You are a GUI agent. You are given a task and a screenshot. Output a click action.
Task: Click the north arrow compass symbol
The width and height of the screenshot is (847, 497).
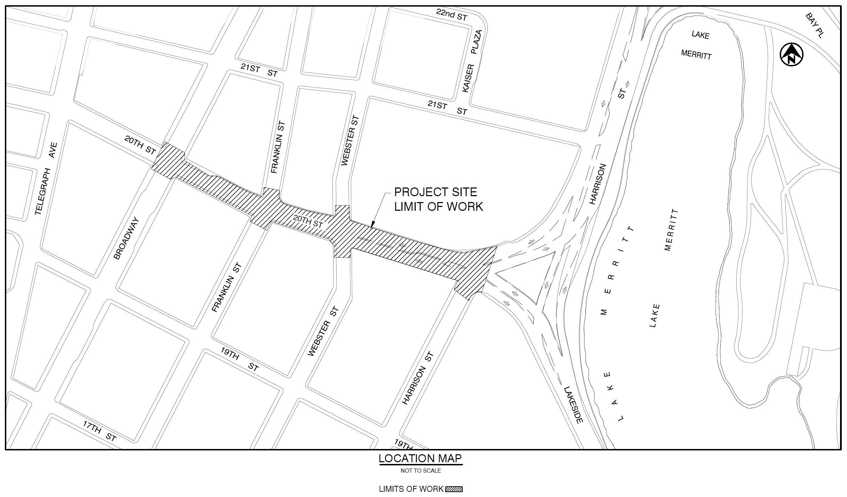(791, 55)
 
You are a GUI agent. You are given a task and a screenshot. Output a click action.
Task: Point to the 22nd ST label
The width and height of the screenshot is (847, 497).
(452, 15)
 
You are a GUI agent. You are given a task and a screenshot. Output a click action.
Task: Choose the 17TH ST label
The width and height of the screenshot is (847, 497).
(99, 431)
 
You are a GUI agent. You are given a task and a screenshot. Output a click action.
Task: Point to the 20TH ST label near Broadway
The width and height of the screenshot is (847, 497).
(140, 145)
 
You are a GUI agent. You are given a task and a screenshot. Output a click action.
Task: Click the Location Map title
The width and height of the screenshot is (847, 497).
(420, 458)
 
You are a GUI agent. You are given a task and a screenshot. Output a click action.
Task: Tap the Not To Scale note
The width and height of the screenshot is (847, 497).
(421, 471)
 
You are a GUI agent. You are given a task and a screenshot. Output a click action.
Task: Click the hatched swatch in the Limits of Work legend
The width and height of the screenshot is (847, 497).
(454, 489)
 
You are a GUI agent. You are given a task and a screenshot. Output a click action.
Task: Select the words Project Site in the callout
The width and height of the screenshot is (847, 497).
(435, 192)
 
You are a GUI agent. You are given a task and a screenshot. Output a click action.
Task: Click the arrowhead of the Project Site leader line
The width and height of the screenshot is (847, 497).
(372, 226)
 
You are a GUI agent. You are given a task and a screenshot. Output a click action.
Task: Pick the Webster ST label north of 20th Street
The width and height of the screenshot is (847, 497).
(350, 141)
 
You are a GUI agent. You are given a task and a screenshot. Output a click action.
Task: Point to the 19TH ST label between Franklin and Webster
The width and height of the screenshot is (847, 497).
(240, 358)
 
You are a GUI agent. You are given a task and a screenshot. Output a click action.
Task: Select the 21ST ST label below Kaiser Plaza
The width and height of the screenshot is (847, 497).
(447, 107)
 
